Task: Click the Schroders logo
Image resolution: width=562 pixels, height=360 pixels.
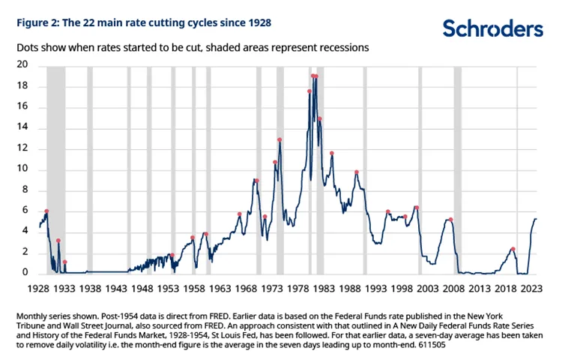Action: pyautogui.click(x=492, y=28)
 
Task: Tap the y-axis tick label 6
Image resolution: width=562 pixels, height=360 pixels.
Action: pyautogui.click(x=24, y=211)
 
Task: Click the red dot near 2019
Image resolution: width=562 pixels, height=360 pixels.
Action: pyautogui.click(x=513, y=249)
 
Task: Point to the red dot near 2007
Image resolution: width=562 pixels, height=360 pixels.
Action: pyautogui.click(x=450, y=220)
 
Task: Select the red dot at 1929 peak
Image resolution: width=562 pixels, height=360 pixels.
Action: pyautogui.click(x=46, y=211)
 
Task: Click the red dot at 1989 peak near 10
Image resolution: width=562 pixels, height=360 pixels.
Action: pyautogui.click(x=357, y=172)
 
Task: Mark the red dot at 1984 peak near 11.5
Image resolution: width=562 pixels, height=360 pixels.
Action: pyautogui.click(x=331, y=154)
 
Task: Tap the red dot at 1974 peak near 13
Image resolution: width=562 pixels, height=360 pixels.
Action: pyautogui.click(x=280, y=139)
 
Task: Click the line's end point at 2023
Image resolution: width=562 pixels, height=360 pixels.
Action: pyautogui.click(x=537, y=219)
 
